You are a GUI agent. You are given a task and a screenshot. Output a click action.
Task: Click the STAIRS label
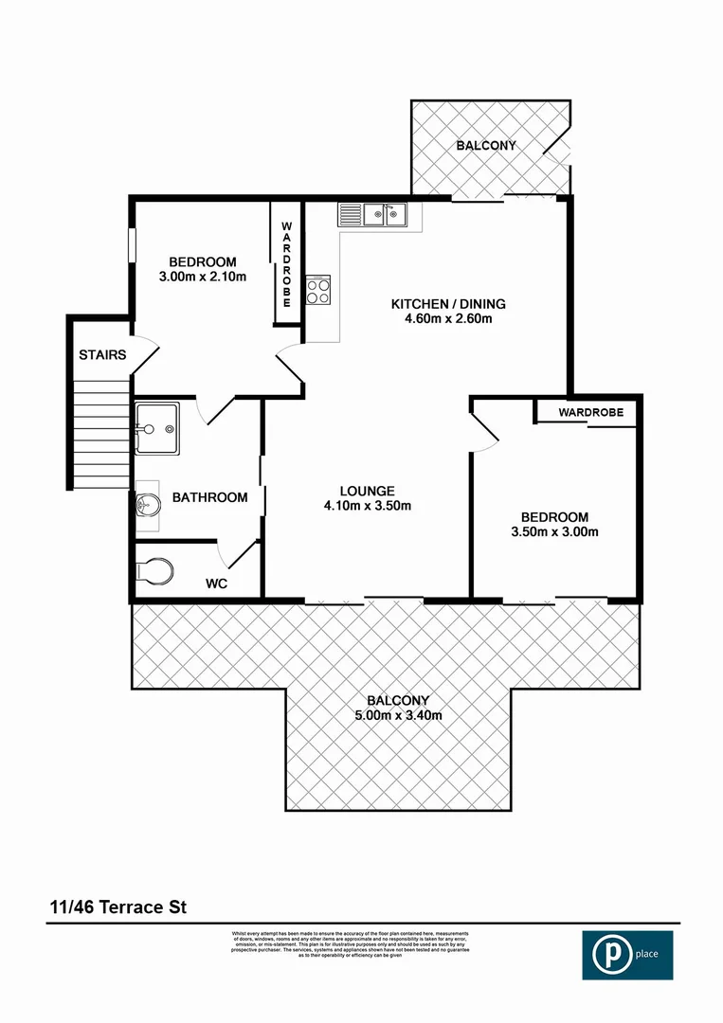101,355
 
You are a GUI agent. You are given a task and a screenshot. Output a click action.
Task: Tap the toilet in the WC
155,570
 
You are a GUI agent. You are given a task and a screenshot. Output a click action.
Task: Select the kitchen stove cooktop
318,290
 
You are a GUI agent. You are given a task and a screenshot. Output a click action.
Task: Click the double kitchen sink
387,215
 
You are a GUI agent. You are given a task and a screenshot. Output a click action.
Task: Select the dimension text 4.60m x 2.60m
448,319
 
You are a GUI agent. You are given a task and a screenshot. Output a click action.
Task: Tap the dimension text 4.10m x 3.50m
367,506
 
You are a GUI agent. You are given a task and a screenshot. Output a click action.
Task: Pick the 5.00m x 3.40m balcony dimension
399,715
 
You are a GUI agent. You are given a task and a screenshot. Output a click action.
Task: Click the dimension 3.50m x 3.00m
554,532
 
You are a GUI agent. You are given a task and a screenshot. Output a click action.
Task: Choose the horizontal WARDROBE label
589,413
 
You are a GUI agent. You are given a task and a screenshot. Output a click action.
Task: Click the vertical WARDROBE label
286,264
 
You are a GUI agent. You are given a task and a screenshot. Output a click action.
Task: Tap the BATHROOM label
209,497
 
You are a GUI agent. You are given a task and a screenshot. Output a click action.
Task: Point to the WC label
217,583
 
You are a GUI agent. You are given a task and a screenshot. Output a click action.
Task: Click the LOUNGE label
367,491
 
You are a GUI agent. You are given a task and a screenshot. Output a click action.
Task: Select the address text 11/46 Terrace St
118,906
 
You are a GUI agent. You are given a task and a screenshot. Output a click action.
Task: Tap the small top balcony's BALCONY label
485,146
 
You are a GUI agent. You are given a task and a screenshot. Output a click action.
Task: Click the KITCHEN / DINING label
448,304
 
